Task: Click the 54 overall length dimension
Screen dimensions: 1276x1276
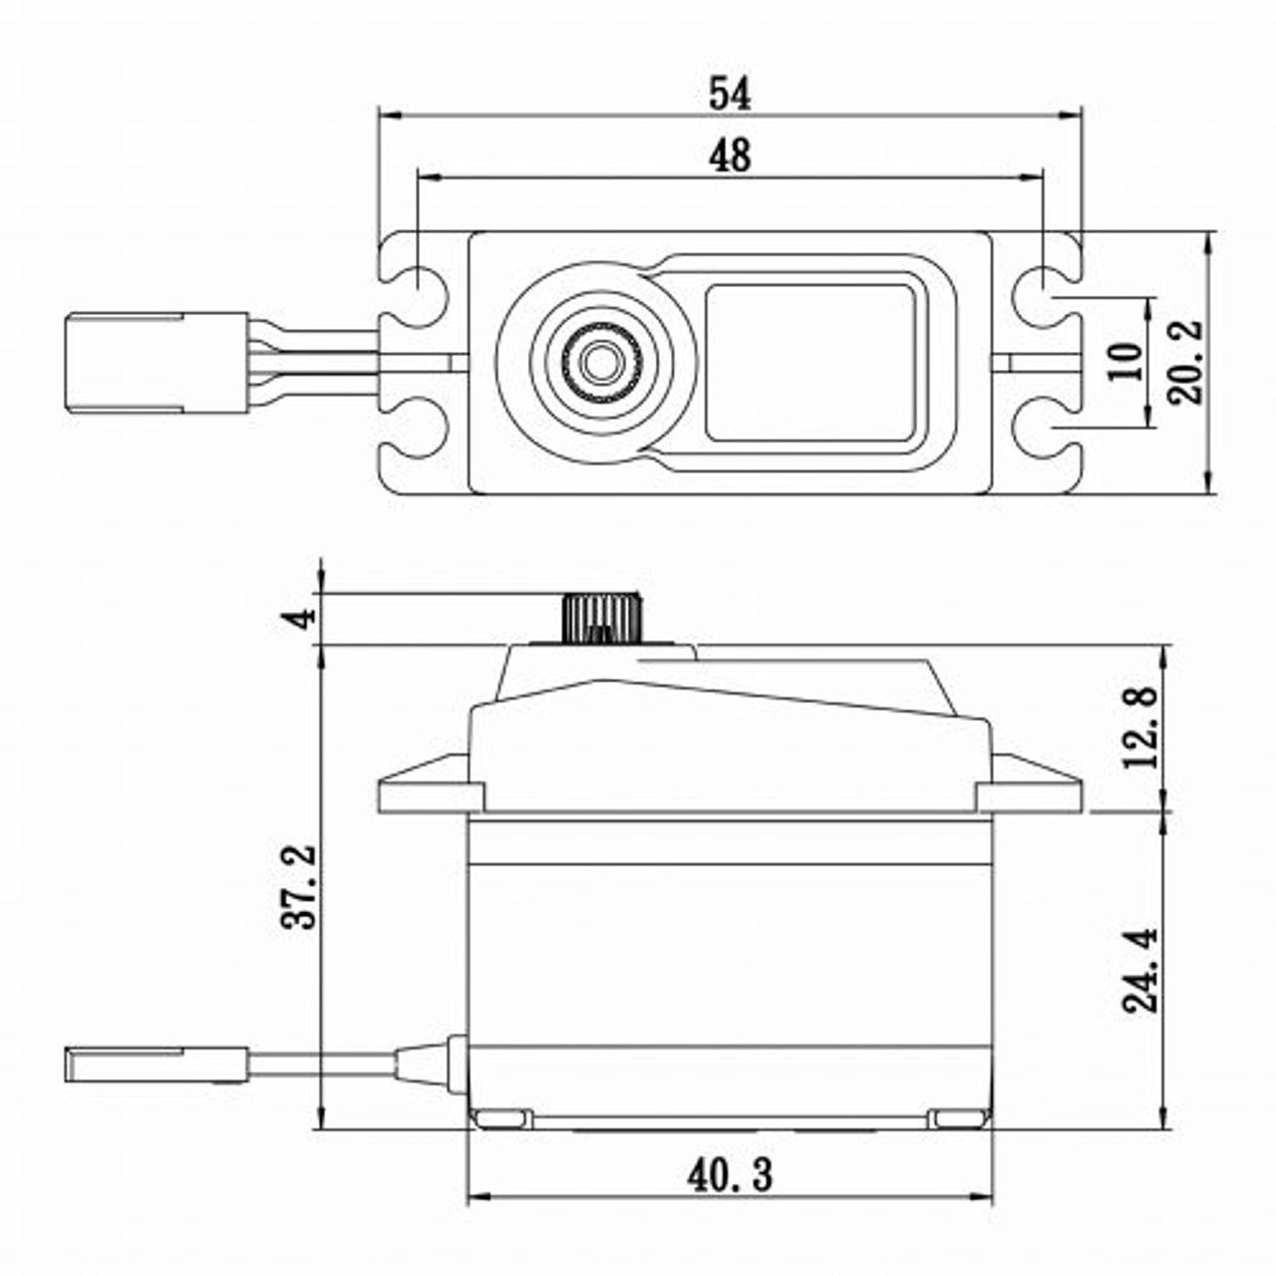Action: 730,94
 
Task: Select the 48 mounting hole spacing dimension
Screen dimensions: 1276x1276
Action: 730,157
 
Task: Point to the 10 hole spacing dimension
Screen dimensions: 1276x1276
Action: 1126,361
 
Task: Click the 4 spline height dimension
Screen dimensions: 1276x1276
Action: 300,617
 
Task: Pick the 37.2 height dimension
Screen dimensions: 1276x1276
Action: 299,887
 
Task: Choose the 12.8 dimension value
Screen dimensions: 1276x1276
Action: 1142,727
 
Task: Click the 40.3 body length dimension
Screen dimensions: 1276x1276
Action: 730,1176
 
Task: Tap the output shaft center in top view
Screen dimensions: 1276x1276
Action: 598,361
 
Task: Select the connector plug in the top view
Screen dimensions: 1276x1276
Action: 156,362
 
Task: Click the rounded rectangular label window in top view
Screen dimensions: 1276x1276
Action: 810,362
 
